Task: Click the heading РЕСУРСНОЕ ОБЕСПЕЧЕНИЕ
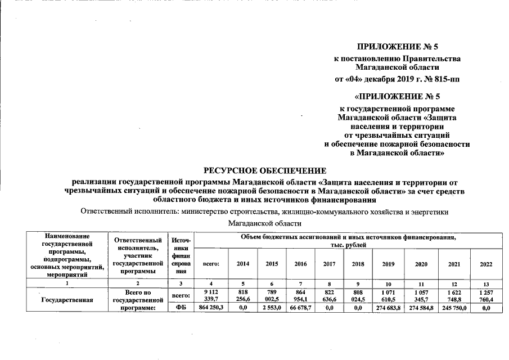(264, 170)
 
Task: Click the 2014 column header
(243, 263)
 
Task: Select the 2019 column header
(388, 263)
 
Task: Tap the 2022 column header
(485, 263)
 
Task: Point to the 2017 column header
(330, 263)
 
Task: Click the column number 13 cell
(485, 284)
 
